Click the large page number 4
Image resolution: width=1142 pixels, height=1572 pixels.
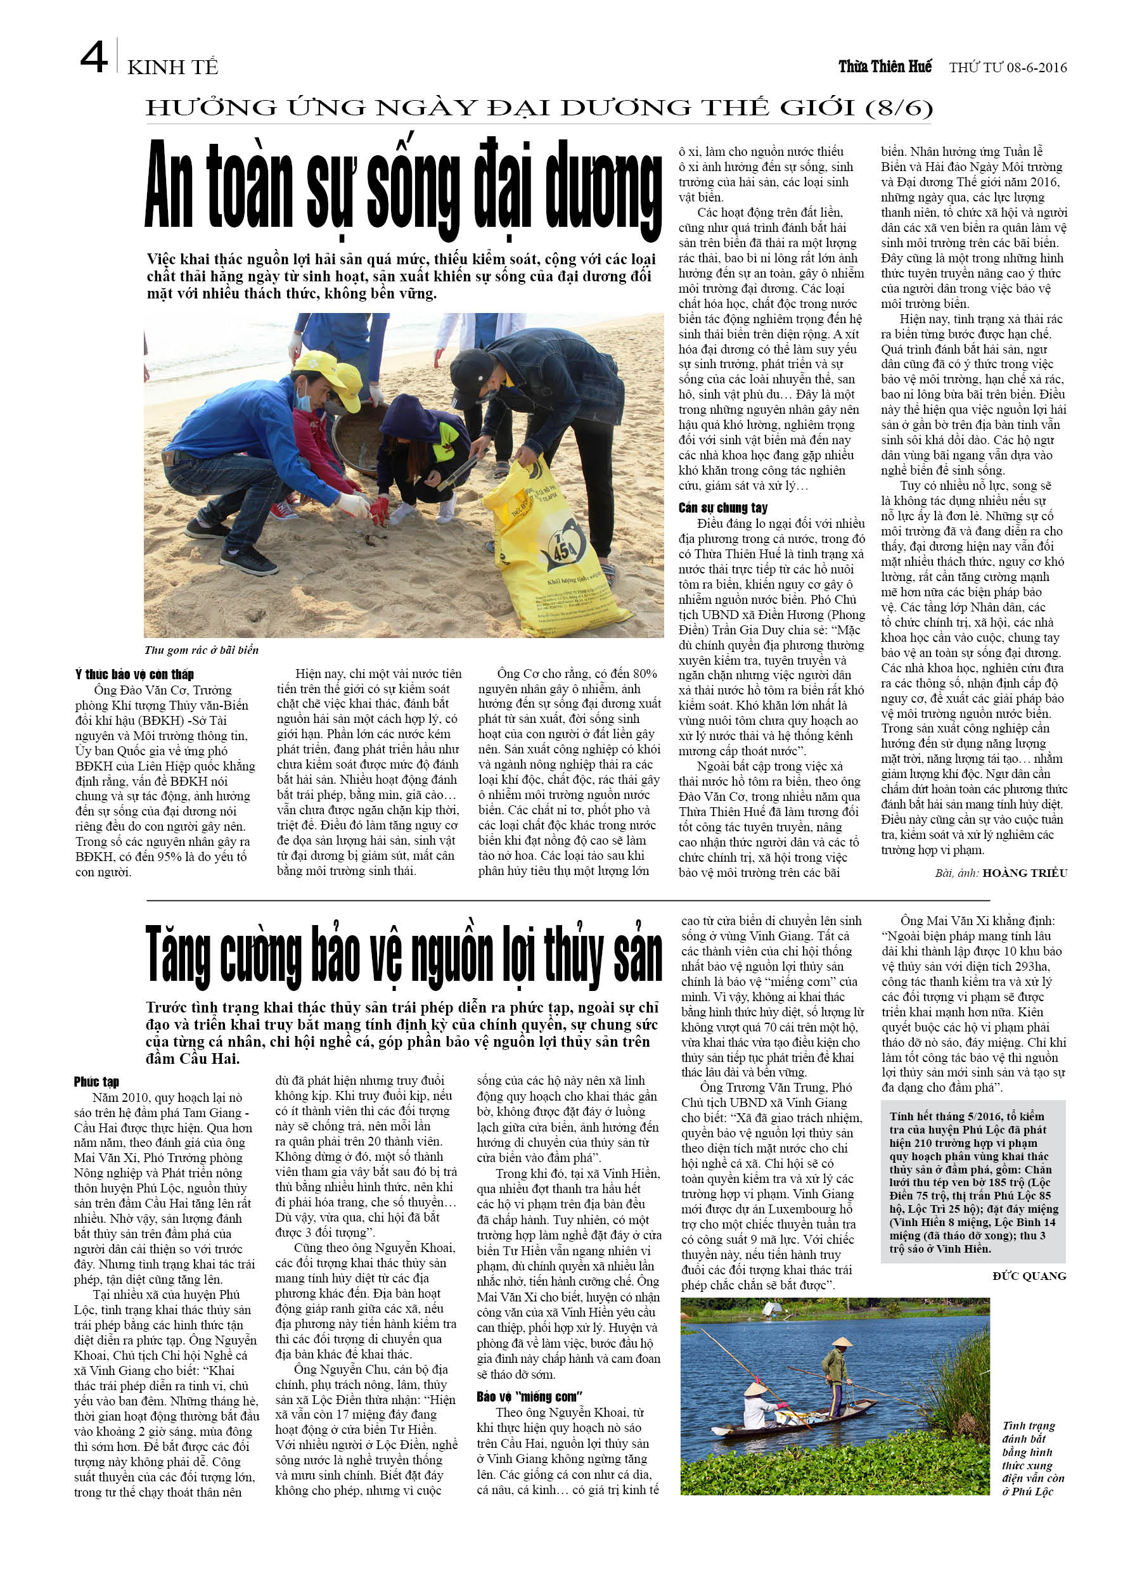point(94,58)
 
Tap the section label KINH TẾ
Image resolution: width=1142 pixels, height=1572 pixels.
point(172,67)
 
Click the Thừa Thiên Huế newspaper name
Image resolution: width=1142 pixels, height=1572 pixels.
point(885,67)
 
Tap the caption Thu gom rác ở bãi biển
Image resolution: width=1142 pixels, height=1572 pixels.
point(201,650)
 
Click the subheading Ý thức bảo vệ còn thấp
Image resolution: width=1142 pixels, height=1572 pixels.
point(134,674)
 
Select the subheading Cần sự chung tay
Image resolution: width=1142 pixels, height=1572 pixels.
point(723,508)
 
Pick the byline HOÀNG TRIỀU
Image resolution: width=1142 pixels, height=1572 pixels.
point(1025,873)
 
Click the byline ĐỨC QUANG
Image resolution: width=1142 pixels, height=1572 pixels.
point(1029,1276)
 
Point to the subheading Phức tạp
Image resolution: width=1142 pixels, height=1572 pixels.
point(96,1082)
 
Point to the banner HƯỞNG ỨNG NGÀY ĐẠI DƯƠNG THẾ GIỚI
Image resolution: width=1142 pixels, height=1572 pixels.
point(539,108)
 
